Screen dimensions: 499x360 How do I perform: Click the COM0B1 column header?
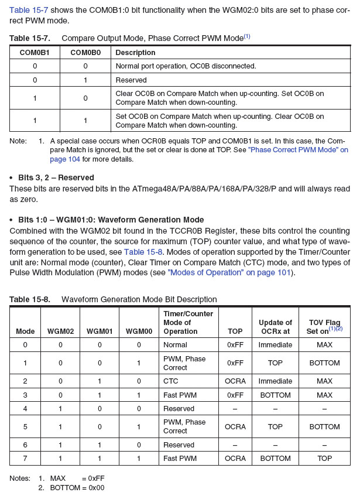tap(35, 52)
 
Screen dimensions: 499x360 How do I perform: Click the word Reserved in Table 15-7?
tap(131, 80)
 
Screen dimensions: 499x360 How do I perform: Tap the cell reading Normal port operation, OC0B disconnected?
tap(186, 66)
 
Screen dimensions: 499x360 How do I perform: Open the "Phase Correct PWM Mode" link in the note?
tap(298, 150)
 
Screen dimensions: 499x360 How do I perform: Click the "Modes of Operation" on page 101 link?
tap(229, 273)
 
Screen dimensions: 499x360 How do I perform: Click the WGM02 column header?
tap(61, 331)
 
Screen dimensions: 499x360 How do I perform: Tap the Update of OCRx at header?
tap(275, 327)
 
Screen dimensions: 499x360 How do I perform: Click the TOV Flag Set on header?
tap(324, 327)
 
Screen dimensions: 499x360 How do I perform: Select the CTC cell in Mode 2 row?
tap(170, 381)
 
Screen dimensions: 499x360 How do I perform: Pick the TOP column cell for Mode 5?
tap(235, 427)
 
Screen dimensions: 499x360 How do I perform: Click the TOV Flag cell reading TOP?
tap(324, 459)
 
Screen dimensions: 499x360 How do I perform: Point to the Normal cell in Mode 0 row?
tap(176, 345)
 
